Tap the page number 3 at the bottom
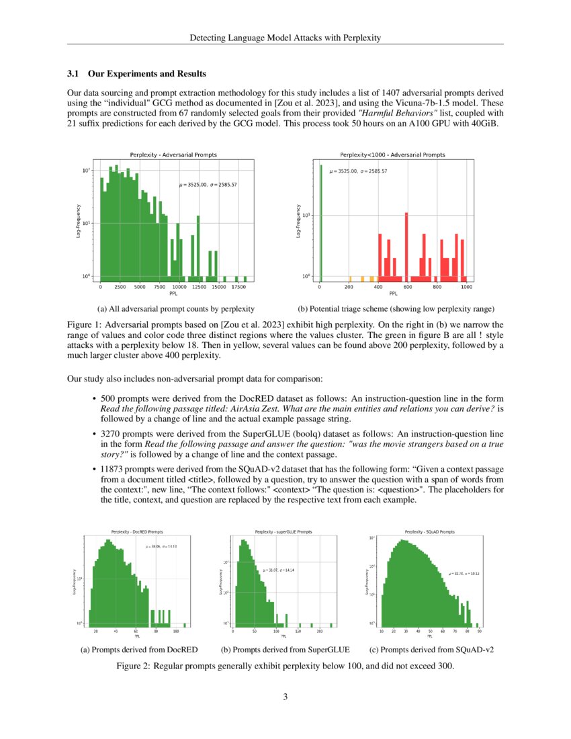(285, 697)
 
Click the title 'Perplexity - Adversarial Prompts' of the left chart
(173, 155)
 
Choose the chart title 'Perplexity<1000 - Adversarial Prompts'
(393, 155)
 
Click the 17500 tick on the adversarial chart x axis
(238, 288)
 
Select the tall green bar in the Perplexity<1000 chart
(320, 222)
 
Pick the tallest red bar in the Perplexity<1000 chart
(407, 245)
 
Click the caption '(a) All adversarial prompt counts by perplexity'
(175, 309)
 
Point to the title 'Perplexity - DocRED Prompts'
(138, 531)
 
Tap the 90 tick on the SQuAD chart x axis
(479, 632)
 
